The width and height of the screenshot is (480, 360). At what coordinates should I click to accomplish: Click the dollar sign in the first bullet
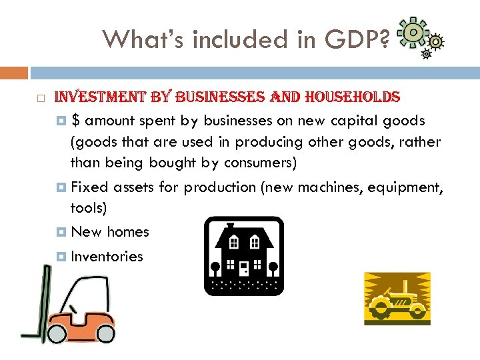(77, 121)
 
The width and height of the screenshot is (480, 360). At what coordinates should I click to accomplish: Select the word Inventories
(107, 257)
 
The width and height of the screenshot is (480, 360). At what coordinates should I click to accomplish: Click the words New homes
(109, 232)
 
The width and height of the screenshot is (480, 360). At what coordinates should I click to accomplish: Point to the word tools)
(89, 208)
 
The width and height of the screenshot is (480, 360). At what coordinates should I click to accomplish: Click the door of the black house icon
(244, 268)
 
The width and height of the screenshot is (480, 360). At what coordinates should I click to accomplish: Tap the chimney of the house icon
(229, 227)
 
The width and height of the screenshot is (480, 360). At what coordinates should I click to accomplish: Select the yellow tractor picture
(397, 298)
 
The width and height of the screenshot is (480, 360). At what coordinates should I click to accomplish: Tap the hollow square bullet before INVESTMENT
(41, 99)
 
